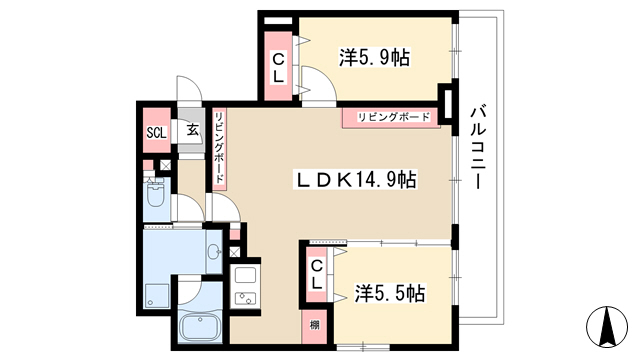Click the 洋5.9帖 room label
374,58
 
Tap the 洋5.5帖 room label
390,293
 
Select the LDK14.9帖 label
355,180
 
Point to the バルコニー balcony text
478,147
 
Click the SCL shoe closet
157,130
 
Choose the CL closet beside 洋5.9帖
278,65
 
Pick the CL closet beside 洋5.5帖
317,275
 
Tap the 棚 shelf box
314,326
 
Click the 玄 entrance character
193,130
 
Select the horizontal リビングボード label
393,118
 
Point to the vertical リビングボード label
220,148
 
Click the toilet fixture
155,193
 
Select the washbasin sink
213,251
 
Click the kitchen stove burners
245,299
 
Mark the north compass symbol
607,327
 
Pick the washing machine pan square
157,295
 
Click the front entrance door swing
189,88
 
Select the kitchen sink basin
245,276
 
